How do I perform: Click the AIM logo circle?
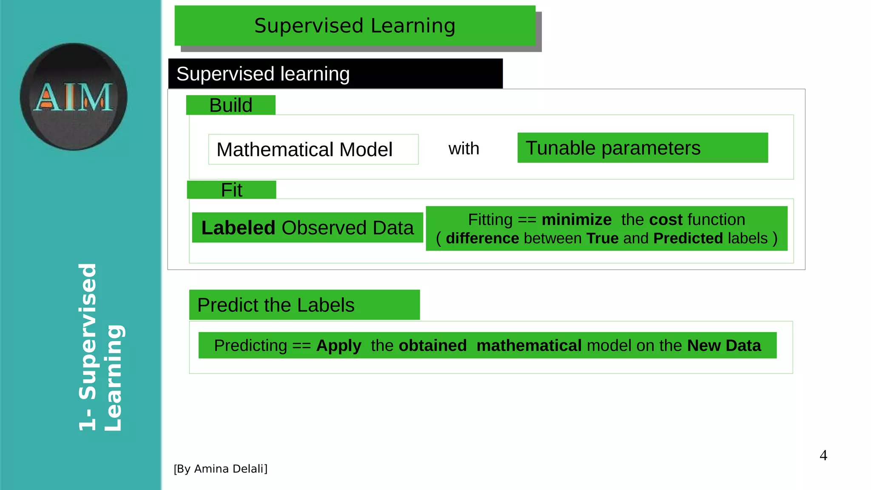[74, 97]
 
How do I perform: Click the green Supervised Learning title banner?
[355, 26]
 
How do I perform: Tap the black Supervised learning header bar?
[335, 74]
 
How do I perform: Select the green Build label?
[231, 105]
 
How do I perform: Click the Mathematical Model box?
[313, 149]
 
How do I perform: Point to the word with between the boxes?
[464, 149]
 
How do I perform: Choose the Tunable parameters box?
[642, 148]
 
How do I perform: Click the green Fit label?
[231, 190]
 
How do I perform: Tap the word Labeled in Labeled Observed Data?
[238, 228]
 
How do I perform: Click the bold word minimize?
[576, 220]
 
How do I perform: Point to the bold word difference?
[482, 239]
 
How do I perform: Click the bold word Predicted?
[688, 239]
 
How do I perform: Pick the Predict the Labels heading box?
[304, 305]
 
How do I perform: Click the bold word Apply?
[339, 346]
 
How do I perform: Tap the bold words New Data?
[724, 346]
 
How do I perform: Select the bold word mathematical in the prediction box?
[529, 346]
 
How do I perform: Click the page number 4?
[823, 456]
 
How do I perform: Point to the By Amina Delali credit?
[220, 469]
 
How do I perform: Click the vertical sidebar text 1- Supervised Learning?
[100, 347]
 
